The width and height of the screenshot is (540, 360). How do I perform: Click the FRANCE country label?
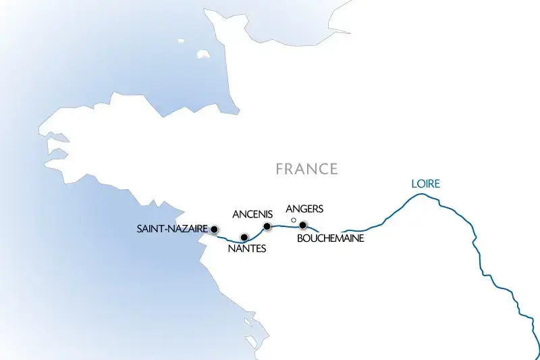click(306, 169)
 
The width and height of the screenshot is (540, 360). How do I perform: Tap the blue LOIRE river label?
click(425, 184)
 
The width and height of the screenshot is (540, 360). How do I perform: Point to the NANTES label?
click(246, 249)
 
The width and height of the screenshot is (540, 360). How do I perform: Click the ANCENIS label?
click(251, 214)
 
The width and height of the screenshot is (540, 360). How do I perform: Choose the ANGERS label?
click(305, 209)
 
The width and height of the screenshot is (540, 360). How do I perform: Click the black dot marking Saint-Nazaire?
click(214, 229)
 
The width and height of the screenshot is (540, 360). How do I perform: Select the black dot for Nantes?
click(244, 237)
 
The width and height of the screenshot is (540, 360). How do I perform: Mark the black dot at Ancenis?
click(267, 226)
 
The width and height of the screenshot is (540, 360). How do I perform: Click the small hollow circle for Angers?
click(293, 220)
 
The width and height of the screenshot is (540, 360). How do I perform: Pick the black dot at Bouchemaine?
click(303, 225)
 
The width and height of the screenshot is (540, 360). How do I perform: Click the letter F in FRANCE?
click(279, 169)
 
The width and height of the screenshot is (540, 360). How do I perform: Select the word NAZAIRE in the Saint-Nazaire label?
click(186, 229)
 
